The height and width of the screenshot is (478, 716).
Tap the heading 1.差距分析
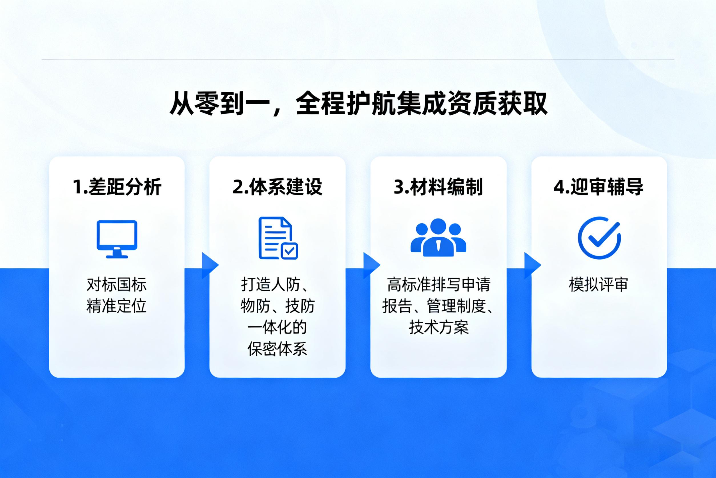click(x=117, y=187)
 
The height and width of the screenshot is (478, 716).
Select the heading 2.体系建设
click(x=277, y=187)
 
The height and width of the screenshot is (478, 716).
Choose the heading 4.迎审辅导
click(x=598, y=187)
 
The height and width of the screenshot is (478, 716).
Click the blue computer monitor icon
click(x=117, y=239)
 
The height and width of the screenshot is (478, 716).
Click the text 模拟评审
click(x=598, y=285)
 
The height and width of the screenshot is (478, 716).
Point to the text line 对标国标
click(x=117, y=285)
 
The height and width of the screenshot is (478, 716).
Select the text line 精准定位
click(x=117, y=306)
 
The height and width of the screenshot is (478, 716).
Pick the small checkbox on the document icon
click(x=289, y=251)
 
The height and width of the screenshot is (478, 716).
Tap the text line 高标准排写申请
click(x=439, y=285)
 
